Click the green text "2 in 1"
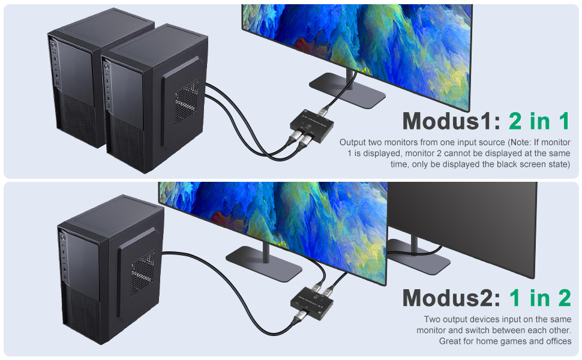point(539,121)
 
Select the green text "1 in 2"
point(540,298)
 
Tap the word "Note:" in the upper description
point(521,143)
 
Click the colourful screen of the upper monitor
point(354,36)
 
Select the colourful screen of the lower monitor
point(270,210)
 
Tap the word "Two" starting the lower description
point(433,320)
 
